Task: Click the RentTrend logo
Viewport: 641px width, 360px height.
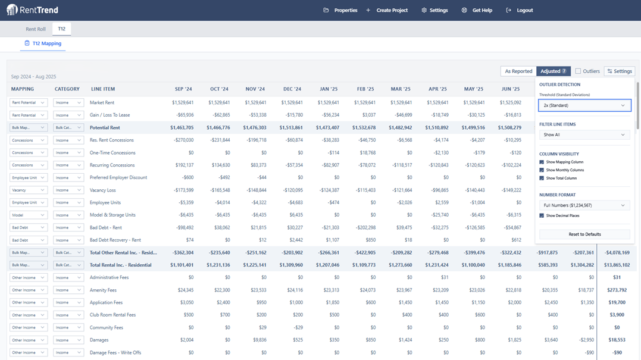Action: [32, 10]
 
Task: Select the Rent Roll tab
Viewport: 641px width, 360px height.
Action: [36, 29]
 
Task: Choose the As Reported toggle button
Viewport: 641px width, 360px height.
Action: [518, 71]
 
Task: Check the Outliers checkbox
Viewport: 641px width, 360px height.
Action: [578, 71]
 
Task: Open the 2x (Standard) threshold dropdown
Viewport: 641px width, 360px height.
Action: [584, 105]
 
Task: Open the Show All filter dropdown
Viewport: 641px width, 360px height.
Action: [584, 135]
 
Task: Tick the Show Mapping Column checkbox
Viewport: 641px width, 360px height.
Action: [542, 162]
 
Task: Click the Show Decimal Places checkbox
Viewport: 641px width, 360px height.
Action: [542, 215]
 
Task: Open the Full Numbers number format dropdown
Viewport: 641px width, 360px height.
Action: [584, 205]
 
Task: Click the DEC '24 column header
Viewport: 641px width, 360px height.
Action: [292, 89]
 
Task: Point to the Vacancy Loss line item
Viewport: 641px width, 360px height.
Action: [103, 190]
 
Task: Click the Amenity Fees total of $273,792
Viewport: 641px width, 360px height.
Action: [617, 290]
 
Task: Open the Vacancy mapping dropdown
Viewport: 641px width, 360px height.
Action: [28, 190]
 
